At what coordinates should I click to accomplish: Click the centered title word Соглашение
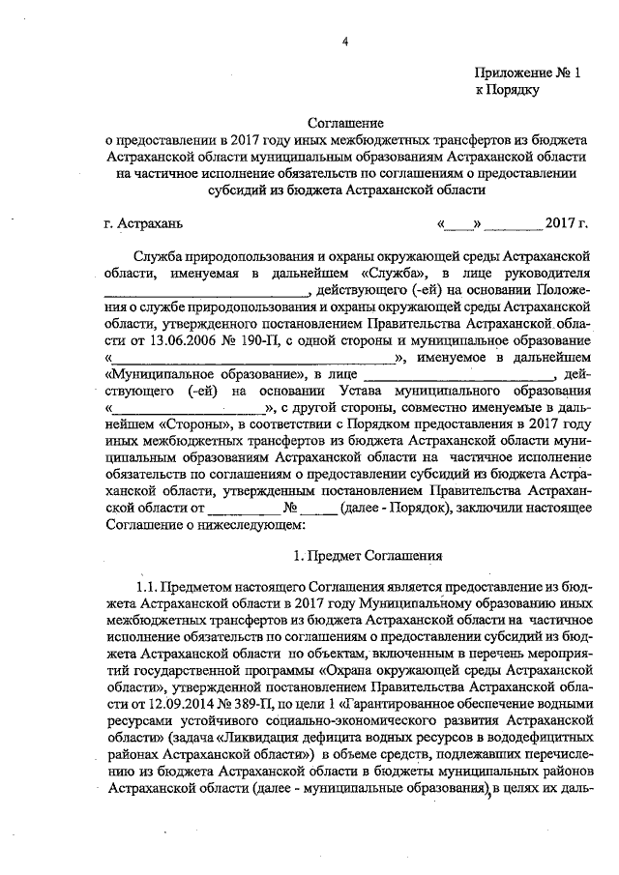[345, 124]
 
